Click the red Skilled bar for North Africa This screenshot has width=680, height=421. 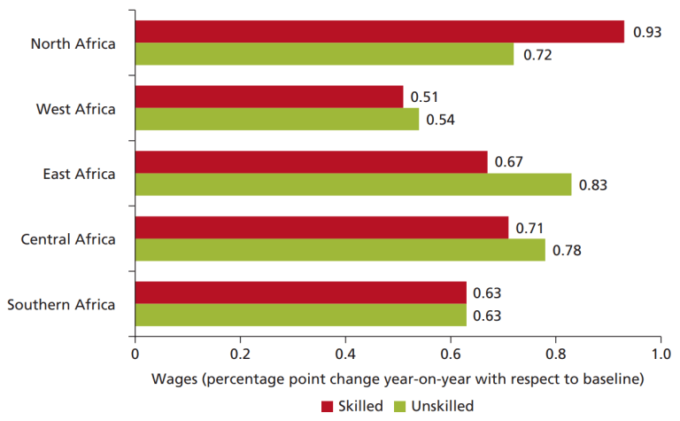coord(379,31)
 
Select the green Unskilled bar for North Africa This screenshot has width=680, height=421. coord(324,54)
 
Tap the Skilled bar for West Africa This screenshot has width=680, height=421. coord(269,97)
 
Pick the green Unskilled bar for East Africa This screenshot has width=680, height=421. coord(352,184)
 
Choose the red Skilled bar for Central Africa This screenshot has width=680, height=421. coord(321,227)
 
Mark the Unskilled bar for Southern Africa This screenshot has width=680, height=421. coord(300,315)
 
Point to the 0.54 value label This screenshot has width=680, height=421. coord(440,120)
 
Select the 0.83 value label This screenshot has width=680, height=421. coord(593,184)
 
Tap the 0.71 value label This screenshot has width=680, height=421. coord(529,227)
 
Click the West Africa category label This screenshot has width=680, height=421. coord(76,108)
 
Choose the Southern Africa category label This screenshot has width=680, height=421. coord(61,305)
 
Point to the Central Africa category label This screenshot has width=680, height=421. coord(68,239)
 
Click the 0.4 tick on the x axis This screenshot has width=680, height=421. coord(344,353)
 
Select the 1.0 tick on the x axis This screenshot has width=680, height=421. coord(660,353)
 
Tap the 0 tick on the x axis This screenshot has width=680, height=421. coord(135,353)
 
